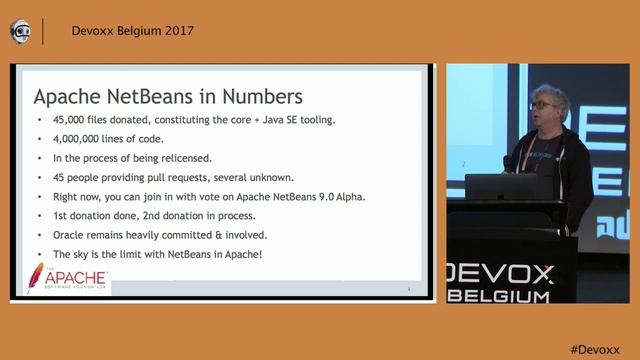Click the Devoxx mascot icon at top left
coord(20,31)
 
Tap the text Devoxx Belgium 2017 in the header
coord(133,30)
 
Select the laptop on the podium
coord(501,187)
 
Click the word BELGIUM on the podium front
coord(514,296)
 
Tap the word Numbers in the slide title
coord(254,97)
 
